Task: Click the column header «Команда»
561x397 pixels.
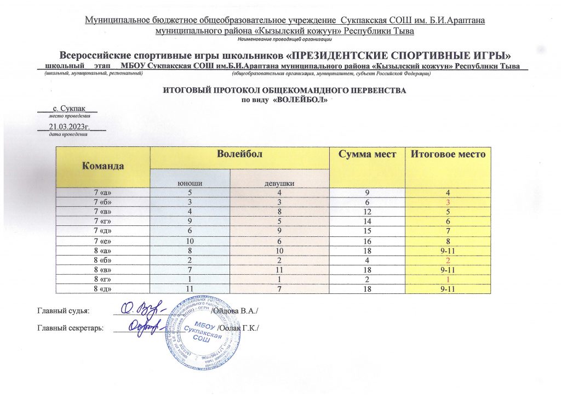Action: coord(102,165)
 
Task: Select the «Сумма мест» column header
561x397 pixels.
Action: coord(368,155)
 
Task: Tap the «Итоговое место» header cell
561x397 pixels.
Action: coord(448,155)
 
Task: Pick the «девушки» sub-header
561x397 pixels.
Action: coord(280,183)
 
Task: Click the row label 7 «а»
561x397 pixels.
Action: coord(103,192)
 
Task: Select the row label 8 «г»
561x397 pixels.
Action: coord(103,280)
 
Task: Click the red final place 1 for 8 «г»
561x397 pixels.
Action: coord(448,280)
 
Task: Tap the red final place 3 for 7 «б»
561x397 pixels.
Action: coord(448,202)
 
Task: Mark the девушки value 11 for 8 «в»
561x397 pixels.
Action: coord(280,270)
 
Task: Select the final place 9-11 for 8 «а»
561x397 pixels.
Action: coord(448,251)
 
